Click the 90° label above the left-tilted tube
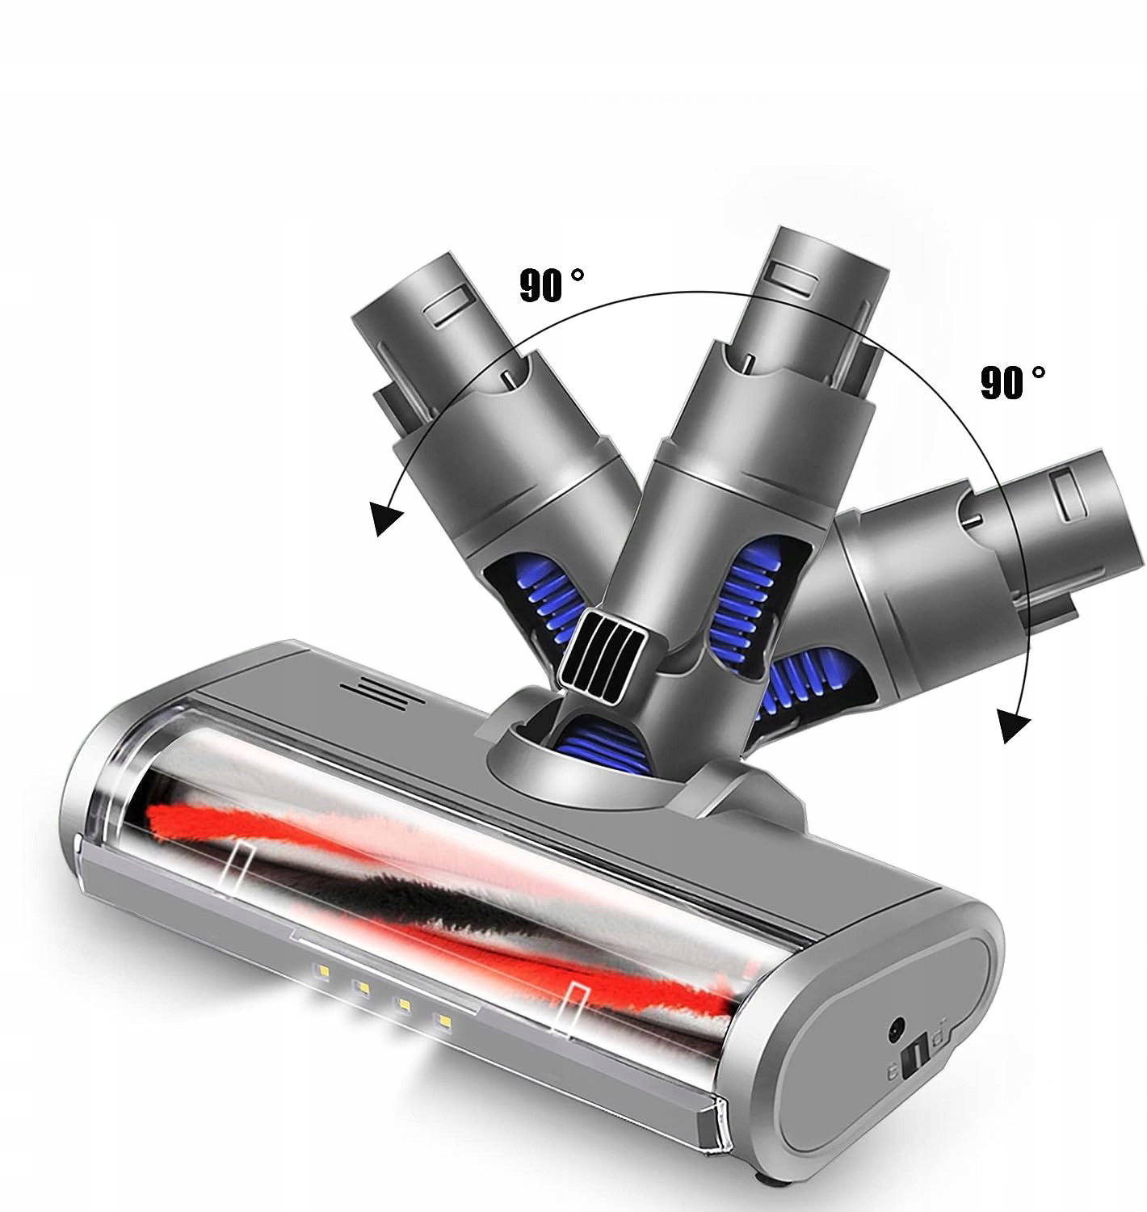[551, 284]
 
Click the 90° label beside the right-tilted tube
[1012, 381]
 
